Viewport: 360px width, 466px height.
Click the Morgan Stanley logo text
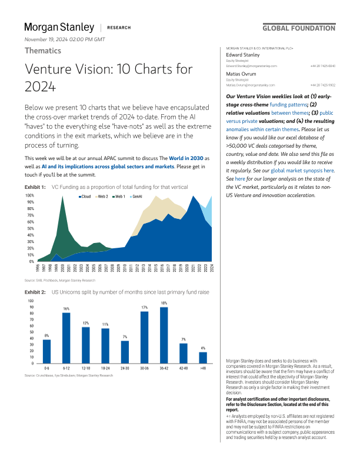(x=59, y=27)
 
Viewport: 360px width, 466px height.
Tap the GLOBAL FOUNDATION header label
(x=299, y=28)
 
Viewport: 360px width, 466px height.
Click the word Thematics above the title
(x=44, y=51)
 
